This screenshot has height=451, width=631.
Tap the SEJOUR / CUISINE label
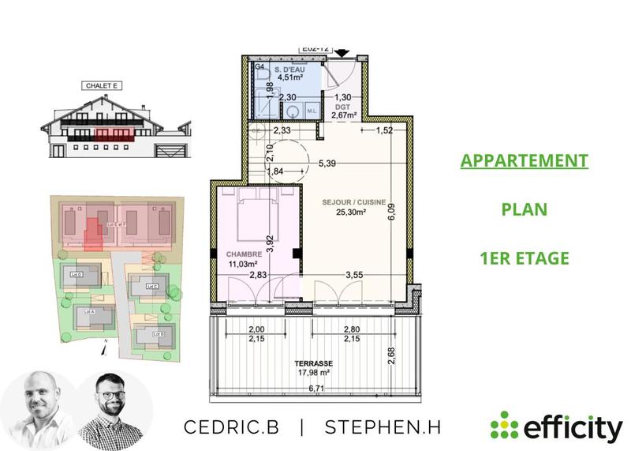[x=354, y=202]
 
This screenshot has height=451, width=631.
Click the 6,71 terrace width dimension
[x=316, y=388]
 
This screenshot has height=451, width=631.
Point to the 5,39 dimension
[x=327, y=163]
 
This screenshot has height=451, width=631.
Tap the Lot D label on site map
[x=77, y=275]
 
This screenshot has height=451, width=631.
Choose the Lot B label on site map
[x=157, y=334]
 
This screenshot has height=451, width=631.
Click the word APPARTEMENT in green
[x=525, y=161]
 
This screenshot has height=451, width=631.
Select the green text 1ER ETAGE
[x=525, y=258]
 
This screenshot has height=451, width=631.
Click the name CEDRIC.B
[x=231, y=427]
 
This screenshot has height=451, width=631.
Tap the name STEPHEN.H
[x=383, y=427]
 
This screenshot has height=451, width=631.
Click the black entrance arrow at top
[x=342, y=53]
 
